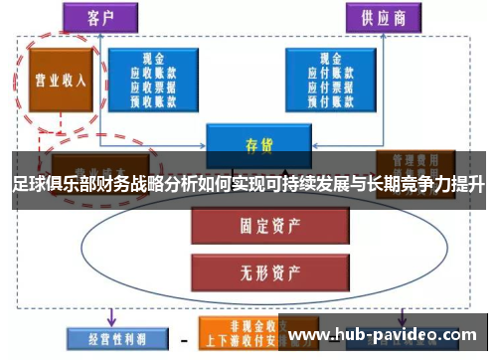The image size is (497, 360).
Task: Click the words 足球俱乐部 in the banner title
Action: tap(50, 186)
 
